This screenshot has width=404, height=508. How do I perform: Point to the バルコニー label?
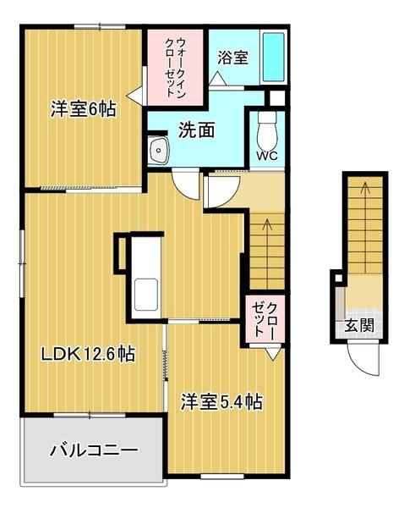[x=93, y=449]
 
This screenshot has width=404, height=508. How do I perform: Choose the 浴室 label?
[x=232, y=58]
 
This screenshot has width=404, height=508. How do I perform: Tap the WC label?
[x=266, y=157]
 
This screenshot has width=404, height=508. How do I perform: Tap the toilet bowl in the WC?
[x=267, y=129]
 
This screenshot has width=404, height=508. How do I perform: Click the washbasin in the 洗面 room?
[x=158, y=152]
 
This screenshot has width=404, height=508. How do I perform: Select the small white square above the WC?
[x=273, y=97]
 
